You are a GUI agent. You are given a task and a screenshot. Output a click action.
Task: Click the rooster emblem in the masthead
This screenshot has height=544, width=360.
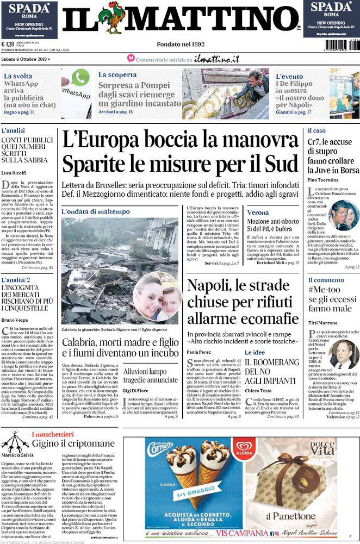coord(115,17)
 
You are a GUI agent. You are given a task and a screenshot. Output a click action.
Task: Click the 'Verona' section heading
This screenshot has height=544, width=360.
coord(258,212)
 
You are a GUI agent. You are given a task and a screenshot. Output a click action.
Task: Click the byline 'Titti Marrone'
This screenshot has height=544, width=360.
coord(323,322)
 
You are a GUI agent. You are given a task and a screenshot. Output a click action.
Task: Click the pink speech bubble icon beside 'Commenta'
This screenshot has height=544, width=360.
coord(131,58)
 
